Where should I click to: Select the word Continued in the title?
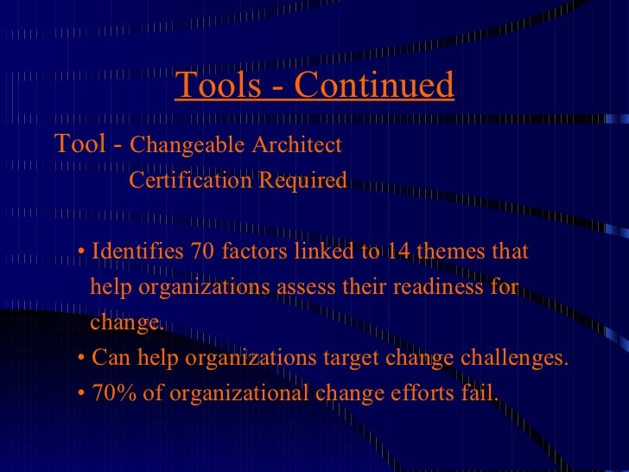pos(373,85)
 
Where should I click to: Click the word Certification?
pos(187,181)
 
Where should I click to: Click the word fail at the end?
pos(482,393)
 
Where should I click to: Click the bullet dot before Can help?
pos(80,359)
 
